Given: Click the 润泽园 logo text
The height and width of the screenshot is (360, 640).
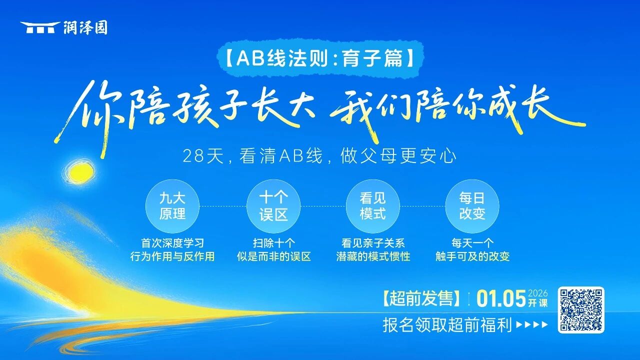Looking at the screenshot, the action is [85, 28].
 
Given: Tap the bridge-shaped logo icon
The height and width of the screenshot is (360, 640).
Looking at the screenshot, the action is [40, 27].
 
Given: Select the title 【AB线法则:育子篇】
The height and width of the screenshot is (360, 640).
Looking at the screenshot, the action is [320, 58].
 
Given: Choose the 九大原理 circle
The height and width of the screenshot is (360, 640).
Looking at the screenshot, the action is [172, 206].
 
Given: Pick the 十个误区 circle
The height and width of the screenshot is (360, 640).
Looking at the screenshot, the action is [273, 206].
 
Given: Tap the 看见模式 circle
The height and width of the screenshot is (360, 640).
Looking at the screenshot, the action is [373, 206].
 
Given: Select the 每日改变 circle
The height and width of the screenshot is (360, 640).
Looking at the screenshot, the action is [472, 206].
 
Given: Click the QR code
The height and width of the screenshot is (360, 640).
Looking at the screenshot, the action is [581, 309].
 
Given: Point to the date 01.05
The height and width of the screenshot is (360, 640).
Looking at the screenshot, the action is [501, 298].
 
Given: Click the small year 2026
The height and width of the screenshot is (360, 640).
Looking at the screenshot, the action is [537, 293].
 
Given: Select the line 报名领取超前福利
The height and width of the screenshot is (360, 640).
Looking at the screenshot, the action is [447, 325].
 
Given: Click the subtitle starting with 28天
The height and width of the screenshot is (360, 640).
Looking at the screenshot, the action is [319, 156].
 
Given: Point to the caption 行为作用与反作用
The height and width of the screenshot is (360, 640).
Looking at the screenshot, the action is [172, 256].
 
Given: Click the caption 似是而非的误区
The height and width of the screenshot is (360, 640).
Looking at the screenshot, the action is [273, 256].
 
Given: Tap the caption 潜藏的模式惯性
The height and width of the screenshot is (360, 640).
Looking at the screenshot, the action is [373, 256].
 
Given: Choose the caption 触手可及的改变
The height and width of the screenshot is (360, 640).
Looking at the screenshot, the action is [472, 256].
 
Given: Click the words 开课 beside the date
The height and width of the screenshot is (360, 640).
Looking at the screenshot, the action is [537, 303].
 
